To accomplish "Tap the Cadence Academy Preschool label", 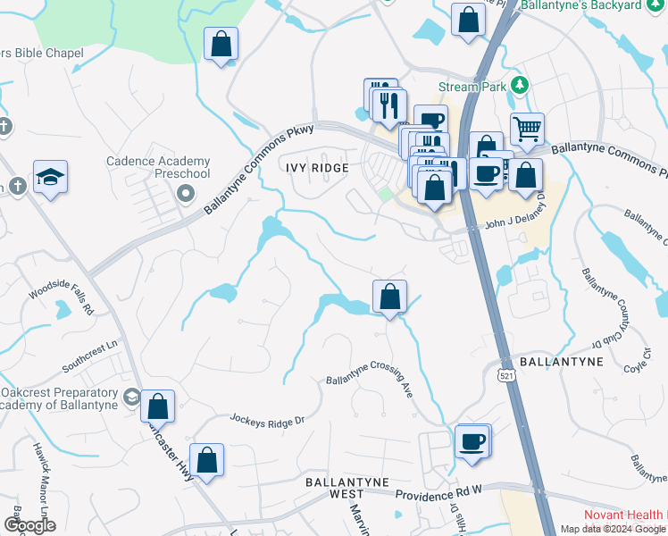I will click(x=158, y=167).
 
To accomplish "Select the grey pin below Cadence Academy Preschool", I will click(x=186, y=193).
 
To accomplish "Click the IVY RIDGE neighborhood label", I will click(x=315, y=167).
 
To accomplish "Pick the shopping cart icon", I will click(x=527, y=130).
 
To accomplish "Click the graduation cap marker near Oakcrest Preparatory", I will click(x=131, y=396).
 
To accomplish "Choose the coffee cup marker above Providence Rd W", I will click(x=472, y=440).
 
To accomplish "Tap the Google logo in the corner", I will click(x=30, y=525).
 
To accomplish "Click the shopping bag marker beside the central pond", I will click(x=389, y=297).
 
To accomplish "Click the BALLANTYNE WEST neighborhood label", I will click(x=347, y=488).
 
